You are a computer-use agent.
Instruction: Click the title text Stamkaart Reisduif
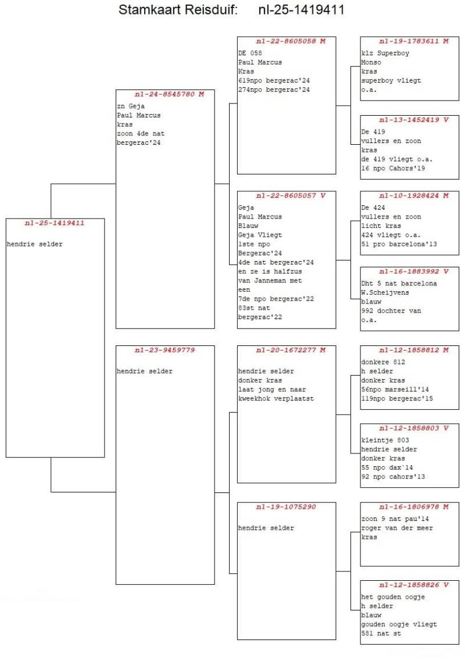coord(178,10)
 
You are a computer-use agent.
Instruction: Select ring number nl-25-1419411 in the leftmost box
coord(55,223)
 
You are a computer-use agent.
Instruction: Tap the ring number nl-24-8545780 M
coord(165,94)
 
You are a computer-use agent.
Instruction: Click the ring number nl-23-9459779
coord(164,350)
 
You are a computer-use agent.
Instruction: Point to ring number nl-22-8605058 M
coord(287,41)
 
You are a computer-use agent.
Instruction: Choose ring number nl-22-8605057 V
coord(287,195)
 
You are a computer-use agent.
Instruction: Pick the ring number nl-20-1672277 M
coord(287,350)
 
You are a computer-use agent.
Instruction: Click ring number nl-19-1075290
coord(286,507)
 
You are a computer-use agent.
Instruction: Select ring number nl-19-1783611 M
coord(410,41)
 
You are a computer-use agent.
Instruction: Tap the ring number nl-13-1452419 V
coord(410,120)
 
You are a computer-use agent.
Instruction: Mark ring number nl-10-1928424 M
coord(410,195)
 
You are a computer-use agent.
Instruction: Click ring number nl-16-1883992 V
coord(410,272)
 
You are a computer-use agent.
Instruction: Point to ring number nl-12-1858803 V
coord(410,428)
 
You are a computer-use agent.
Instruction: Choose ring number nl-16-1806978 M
coord(410,507)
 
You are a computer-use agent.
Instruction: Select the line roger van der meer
coord(397,528)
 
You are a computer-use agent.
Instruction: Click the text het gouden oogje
coord(393,597)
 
